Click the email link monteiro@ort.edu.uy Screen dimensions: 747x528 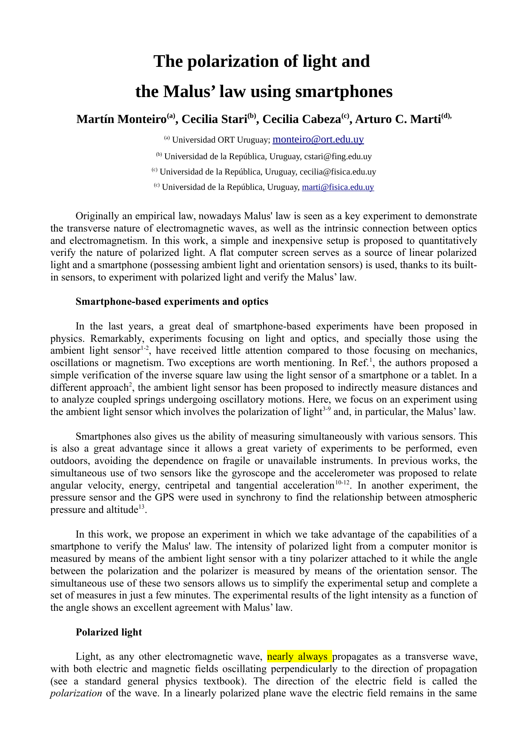318,139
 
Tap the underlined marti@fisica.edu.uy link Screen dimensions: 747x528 338,187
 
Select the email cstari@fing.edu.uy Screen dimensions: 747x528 338,156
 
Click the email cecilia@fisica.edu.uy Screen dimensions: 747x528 338,172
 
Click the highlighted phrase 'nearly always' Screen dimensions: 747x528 298,656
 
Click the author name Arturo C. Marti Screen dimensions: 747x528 398,119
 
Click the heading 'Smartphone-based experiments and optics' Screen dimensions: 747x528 172,302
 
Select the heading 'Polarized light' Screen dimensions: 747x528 109,632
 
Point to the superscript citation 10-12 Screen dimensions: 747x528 342,482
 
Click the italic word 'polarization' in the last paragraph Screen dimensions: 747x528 76,693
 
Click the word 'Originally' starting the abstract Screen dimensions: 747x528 97,216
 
